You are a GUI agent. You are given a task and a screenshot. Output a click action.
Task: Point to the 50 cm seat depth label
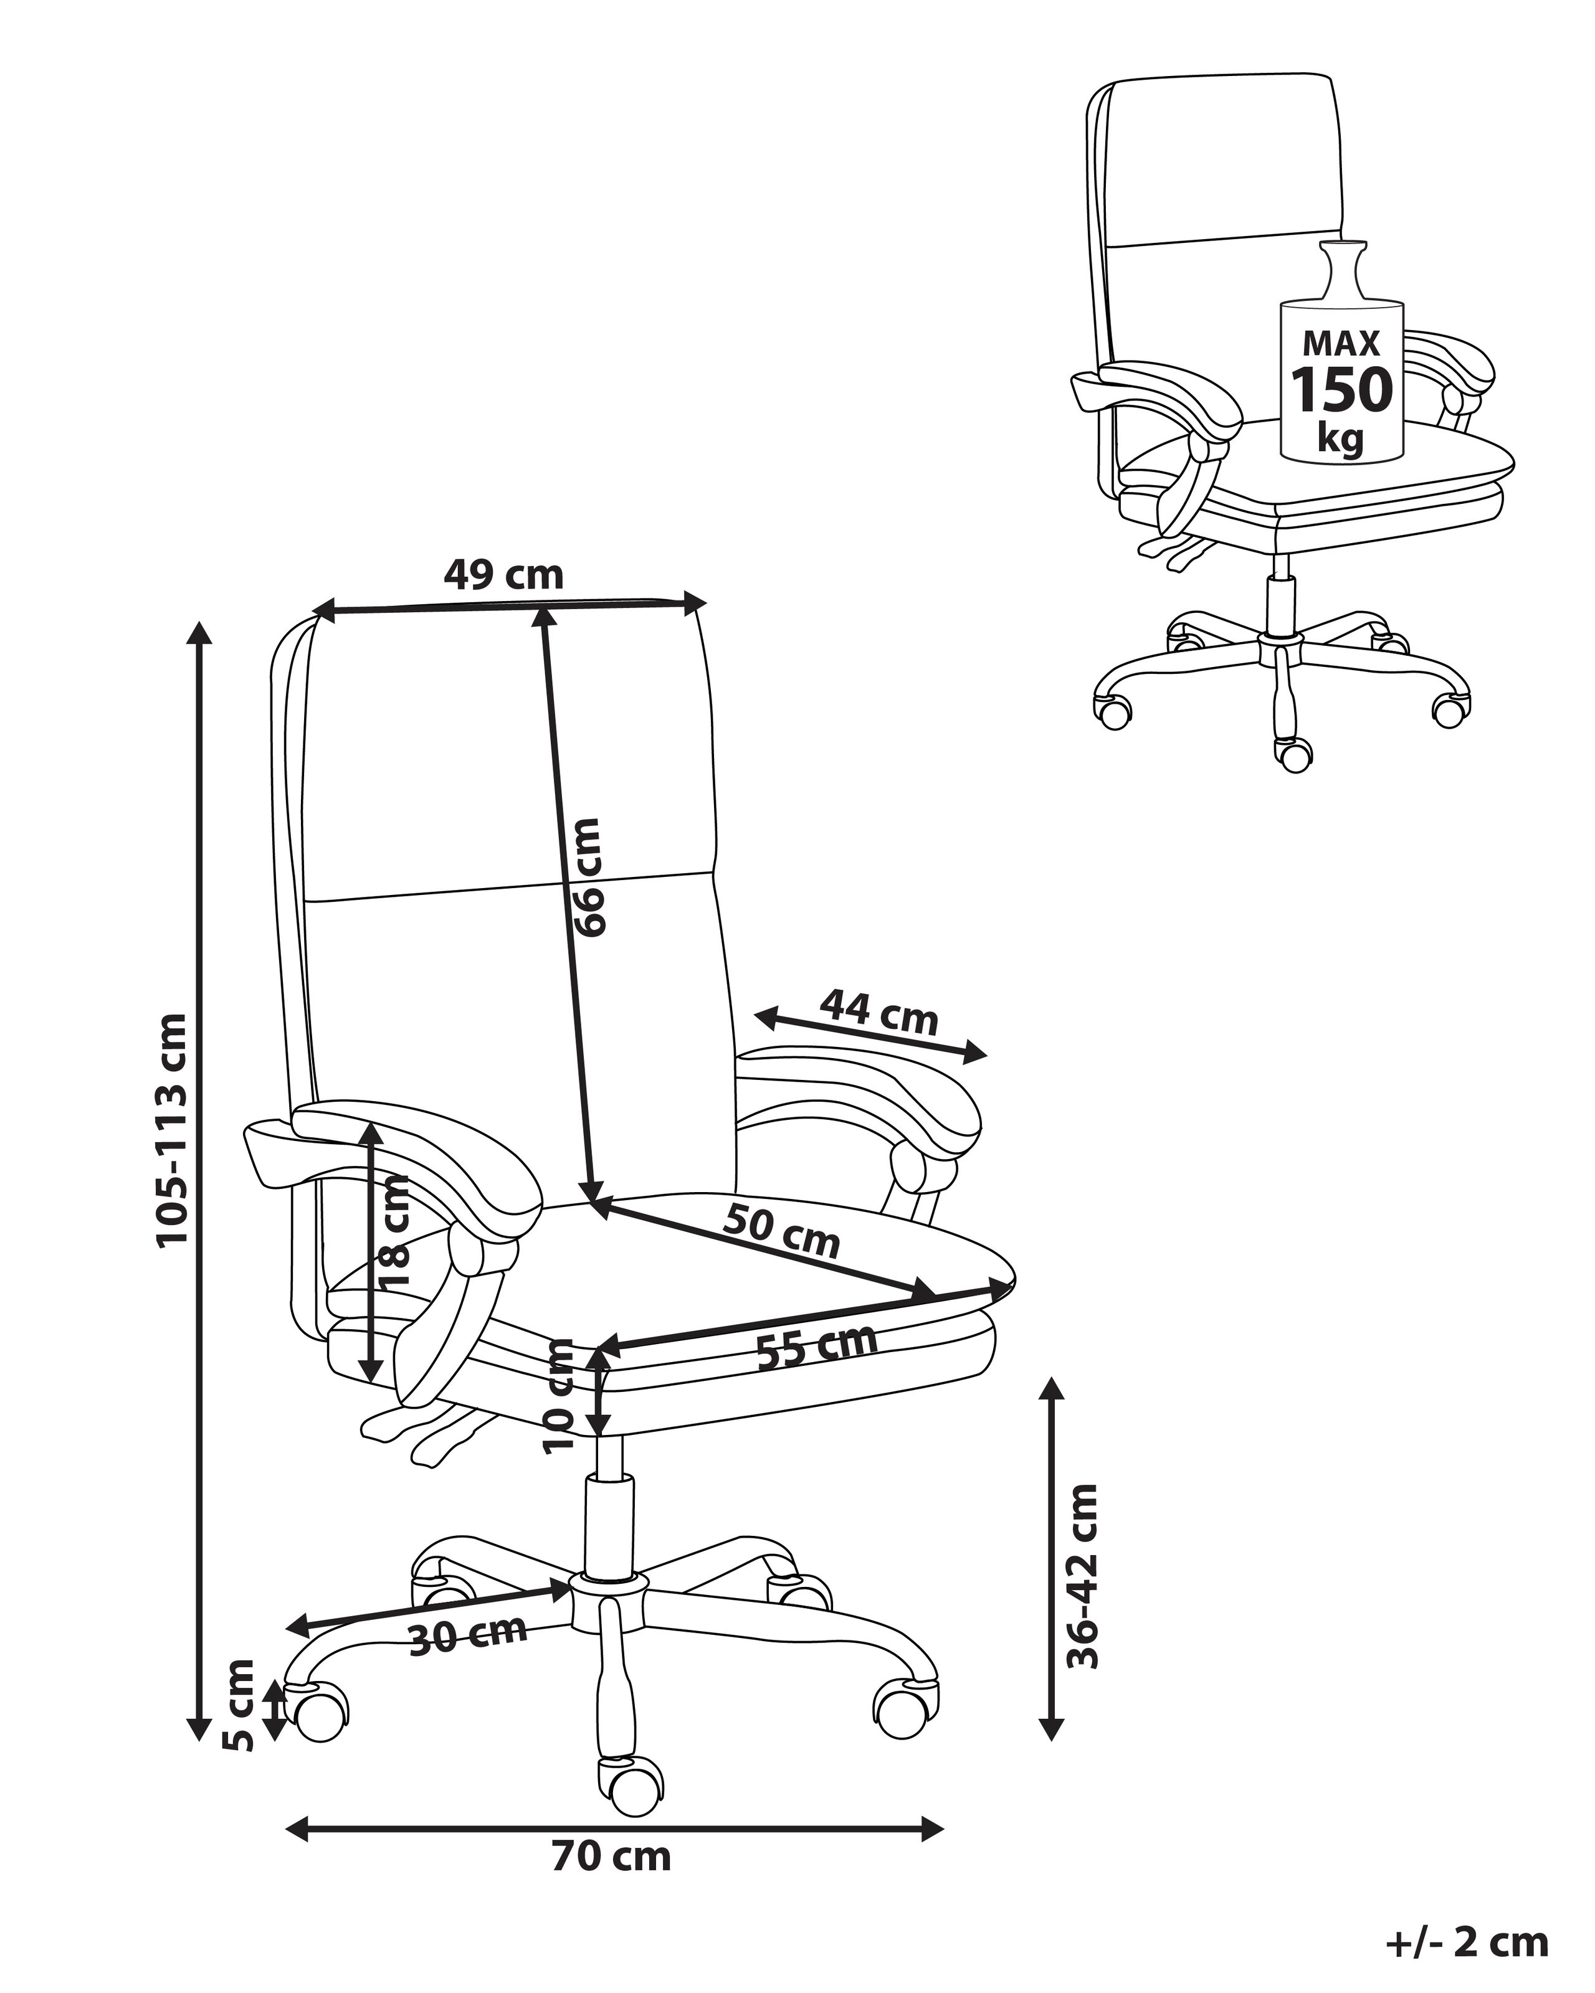tap(781, 1231)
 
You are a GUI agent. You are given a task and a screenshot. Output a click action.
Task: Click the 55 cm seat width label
tap(816, 1347)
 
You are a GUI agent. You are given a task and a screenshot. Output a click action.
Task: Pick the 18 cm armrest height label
tap(393, 1231)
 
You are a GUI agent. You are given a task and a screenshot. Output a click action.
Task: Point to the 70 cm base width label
tap(611, 1855)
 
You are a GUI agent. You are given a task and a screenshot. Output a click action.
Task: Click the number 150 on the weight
tap(1341, 389)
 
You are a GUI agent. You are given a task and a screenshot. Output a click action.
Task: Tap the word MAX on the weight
tap(1341, 344)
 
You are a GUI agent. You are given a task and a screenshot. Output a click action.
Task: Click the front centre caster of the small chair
tap(1293, 754)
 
